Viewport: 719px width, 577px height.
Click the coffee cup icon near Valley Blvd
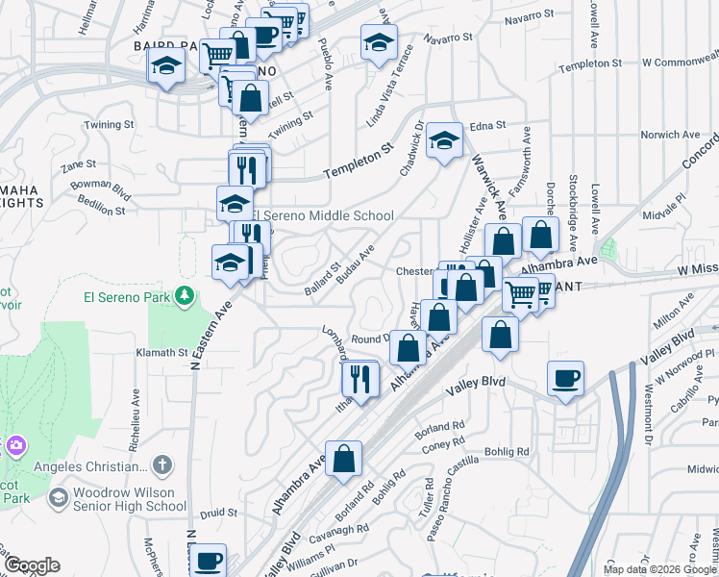pos(566,378)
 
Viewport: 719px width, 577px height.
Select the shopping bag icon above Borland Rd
pos(343,459)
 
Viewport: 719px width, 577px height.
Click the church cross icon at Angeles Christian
pos(163,466)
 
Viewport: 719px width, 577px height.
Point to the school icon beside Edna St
pos(443,140)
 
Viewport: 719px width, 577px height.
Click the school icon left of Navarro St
pos(379,41)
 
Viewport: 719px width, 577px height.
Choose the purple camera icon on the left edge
pos(15,445)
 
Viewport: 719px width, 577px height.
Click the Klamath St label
pos(161,353)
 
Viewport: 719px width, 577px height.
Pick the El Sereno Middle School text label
pos(323,215)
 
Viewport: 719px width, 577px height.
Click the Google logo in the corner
pos(31,565)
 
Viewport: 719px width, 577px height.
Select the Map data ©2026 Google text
pos(658,569)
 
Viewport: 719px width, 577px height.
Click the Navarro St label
pos(449,38)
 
